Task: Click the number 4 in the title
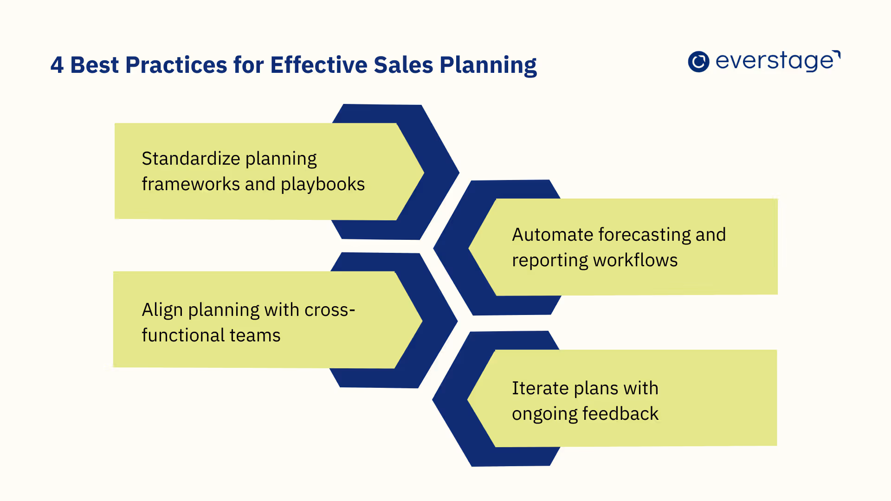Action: pyautogui.click(x=57, y=65)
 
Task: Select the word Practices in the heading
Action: pyautogui.click(x=176, y=65)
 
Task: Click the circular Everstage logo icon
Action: pyautogui.click(x=698, y=62)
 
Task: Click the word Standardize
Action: pyautogui.click(x=190, y=159)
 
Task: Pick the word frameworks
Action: pyautogui.click(x=190, y=184)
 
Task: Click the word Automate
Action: pyautogui.click(x=552, y=235)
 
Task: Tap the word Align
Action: pyautogui.click(x=162, y=310)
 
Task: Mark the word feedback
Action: pyautogui.click(x=620, y=414)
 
